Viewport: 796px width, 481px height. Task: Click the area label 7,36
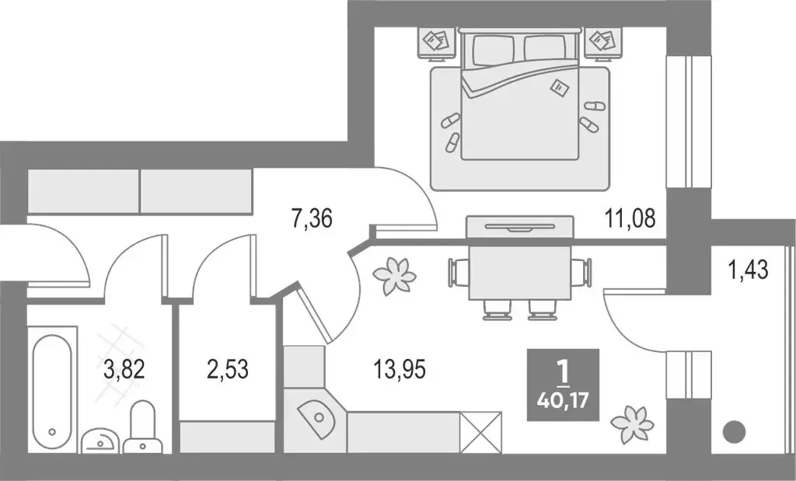(x=312, y=220)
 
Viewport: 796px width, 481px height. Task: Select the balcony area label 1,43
(x=749, y=270)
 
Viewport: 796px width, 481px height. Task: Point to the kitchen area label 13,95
(x=400, y=369)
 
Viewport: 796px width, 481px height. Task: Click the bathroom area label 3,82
(x=124, y=369)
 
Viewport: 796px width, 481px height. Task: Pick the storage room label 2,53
(x=228, y=369)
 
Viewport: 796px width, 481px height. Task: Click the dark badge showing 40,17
(x=564, y=385)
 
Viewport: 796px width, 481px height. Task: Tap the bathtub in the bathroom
(x=52, y=392)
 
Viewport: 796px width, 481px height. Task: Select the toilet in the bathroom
(x=143, y=427)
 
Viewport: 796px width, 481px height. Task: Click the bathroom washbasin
(x=100, y=441)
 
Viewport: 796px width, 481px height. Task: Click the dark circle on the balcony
(x=734, y=432)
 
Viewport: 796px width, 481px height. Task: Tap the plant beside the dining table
(x=394, y=277)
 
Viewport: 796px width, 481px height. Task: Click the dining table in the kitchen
(x=519, y=273)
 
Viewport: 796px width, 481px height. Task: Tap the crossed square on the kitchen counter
(x=480, y=432)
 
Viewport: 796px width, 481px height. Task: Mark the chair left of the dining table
(x=458, y=273)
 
